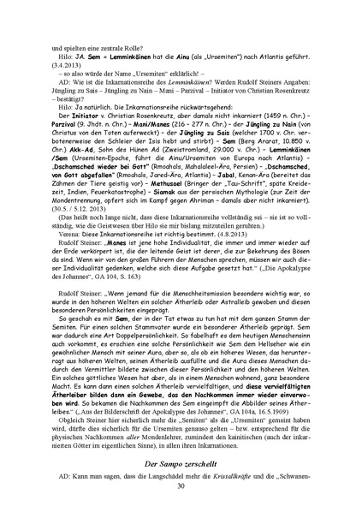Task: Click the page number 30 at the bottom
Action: click(181, 485)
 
